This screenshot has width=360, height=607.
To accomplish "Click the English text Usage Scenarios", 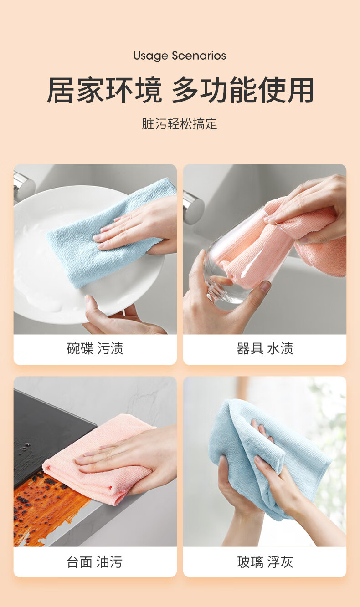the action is tap(180, 56).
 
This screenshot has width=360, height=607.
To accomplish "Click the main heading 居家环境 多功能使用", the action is tap(180, 90).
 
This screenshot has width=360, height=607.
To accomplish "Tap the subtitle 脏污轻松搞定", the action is tap(180, 124).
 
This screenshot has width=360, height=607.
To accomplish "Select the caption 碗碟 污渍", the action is tap(95, 348).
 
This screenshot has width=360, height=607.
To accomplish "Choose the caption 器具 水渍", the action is tap(265, 348).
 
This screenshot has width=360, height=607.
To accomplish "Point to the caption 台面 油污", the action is tap(95, 562).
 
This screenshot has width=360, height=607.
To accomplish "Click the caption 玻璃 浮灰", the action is tap(265, 562).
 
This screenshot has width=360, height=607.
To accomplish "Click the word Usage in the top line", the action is tap(151, 56).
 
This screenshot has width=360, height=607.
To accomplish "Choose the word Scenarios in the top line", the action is tap(199, 56).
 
